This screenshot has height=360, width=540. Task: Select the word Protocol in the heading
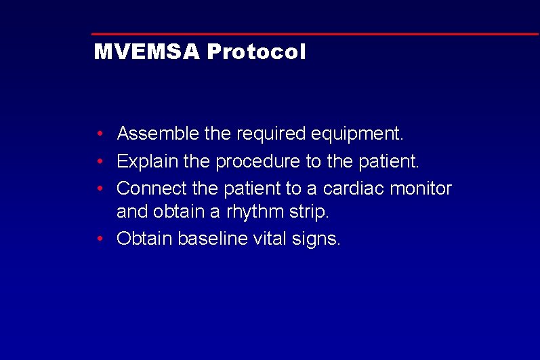[x=256, y=52]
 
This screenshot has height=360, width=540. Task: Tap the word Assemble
[x=158, y=134]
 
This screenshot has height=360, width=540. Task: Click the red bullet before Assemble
[x=100, y=134]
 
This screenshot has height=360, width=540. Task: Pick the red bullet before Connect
[x=100, y=188]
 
